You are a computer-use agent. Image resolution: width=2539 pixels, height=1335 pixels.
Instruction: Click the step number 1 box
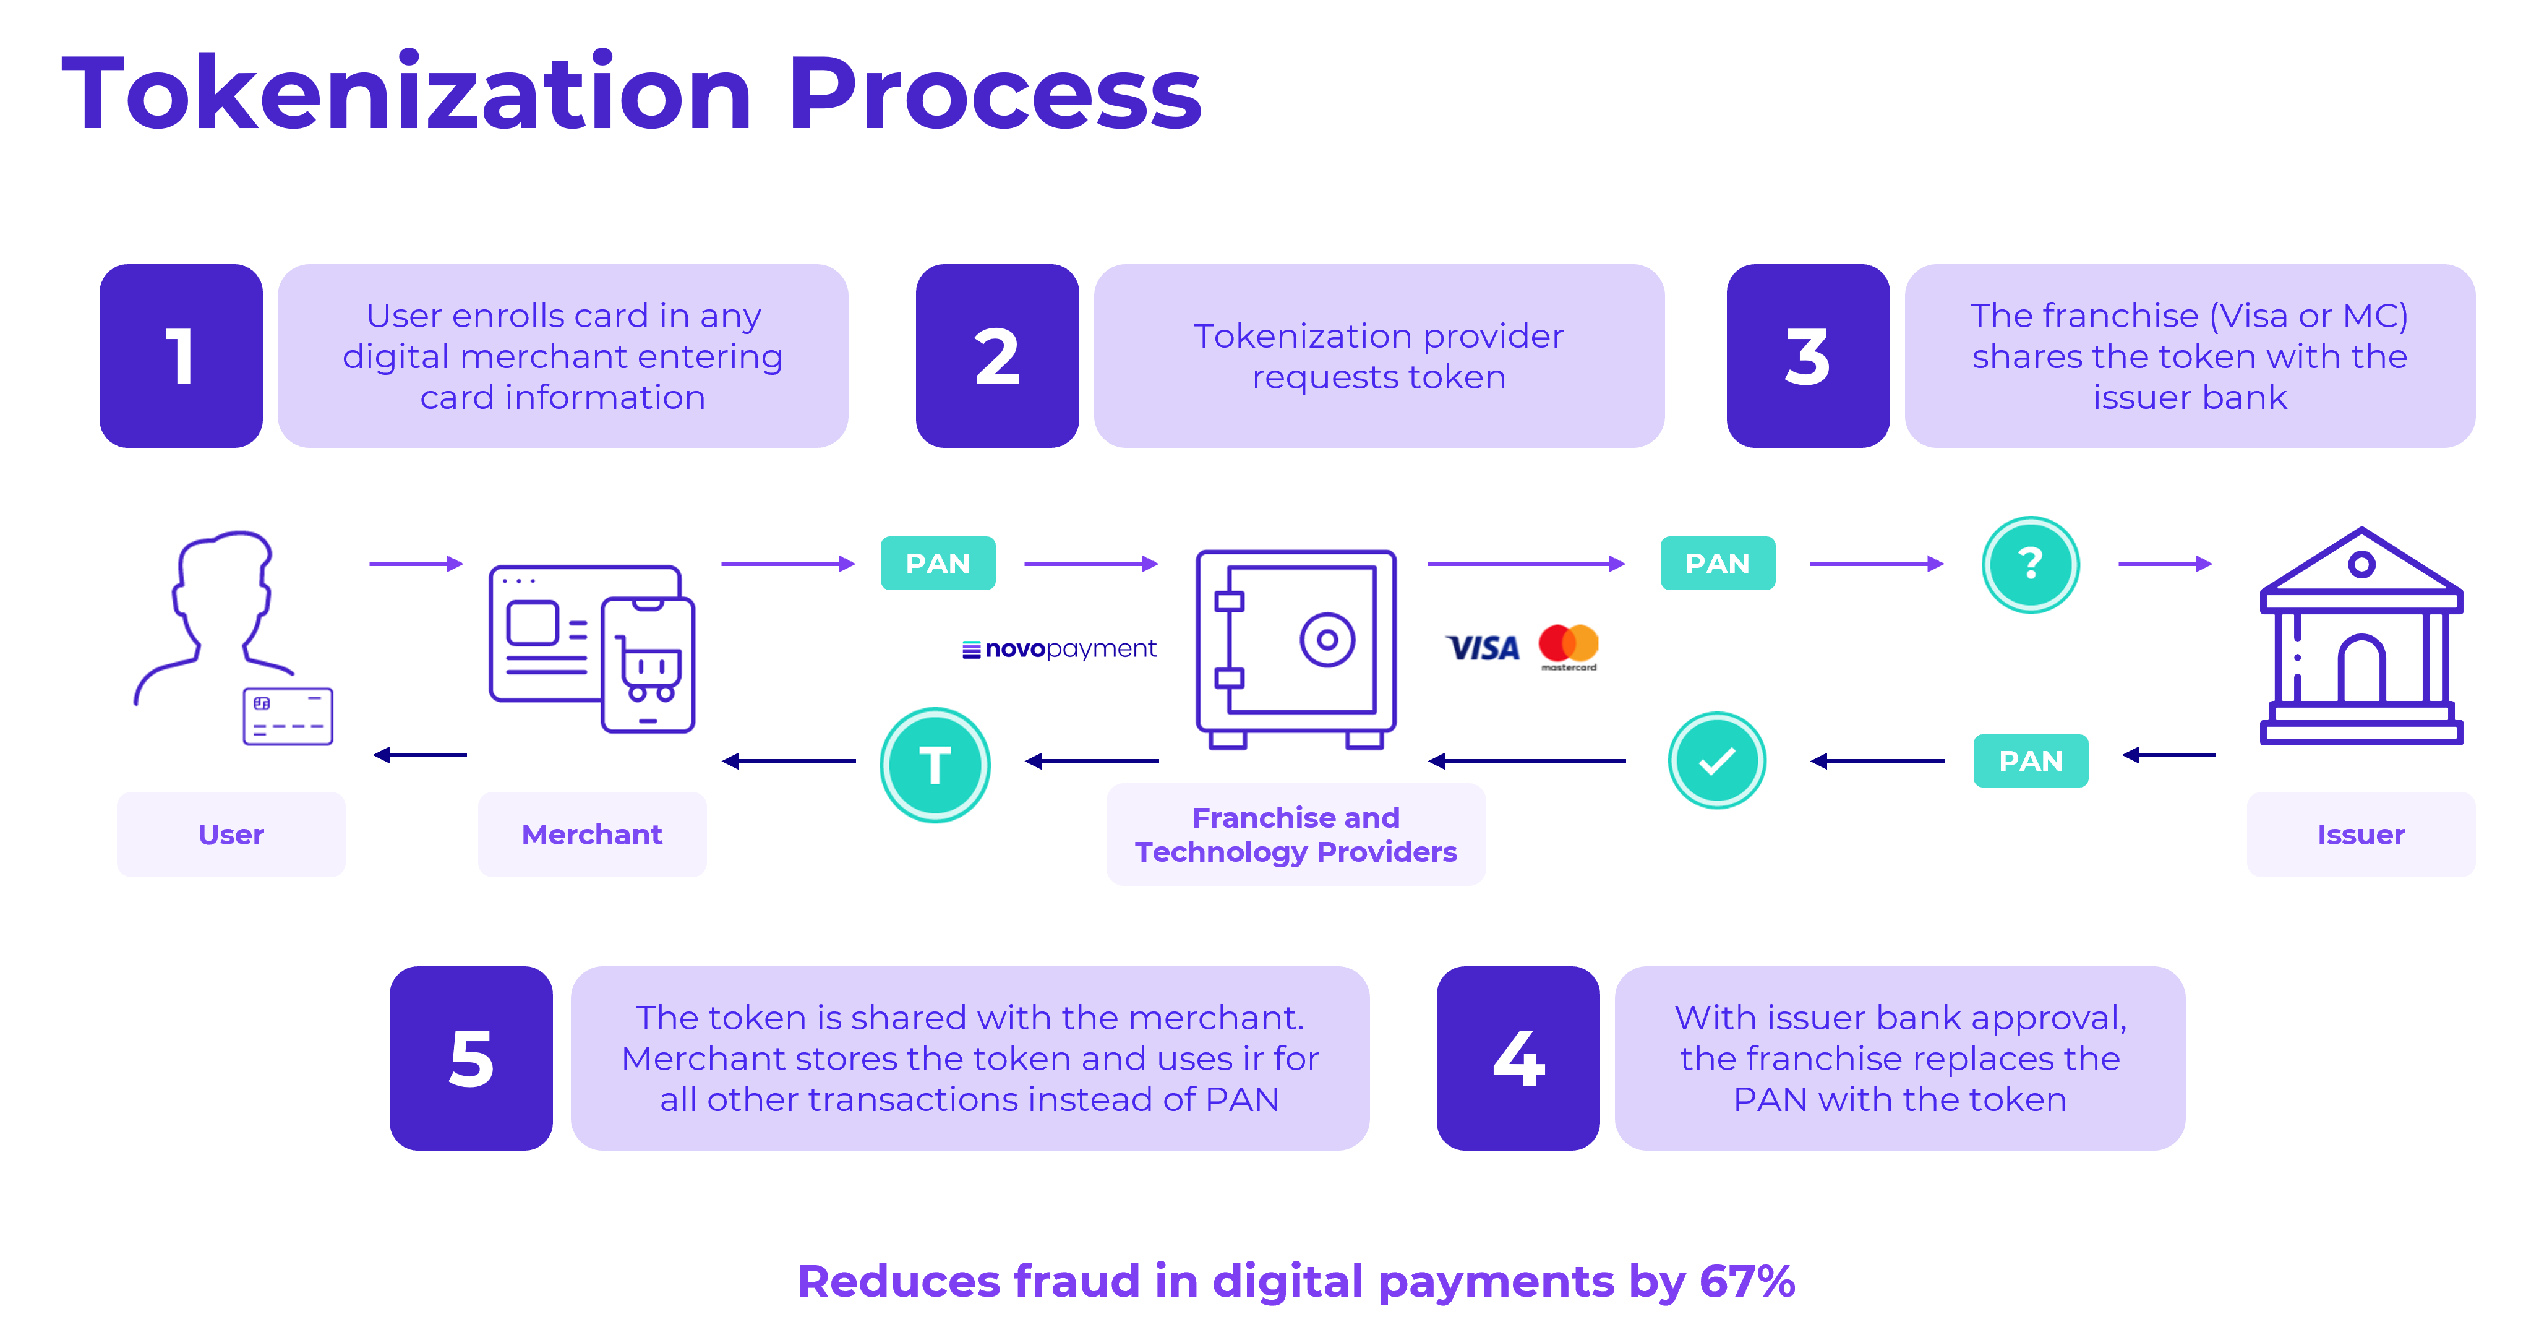181,356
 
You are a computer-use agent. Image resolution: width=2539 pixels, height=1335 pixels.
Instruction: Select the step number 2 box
996,356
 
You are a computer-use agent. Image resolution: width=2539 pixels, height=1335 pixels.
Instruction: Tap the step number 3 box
1808,356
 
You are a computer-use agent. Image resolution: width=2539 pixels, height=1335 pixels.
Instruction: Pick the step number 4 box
1518,1058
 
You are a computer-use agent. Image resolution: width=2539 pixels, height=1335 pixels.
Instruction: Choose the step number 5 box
471,1058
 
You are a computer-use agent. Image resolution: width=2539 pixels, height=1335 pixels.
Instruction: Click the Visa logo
1483,649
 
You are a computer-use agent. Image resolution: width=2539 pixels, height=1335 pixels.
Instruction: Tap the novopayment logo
1060,649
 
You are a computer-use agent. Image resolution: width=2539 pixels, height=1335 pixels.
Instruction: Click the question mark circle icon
2031,565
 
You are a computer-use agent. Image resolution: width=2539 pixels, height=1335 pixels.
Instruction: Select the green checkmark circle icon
1717,761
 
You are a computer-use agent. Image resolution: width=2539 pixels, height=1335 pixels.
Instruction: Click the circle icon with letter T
935,765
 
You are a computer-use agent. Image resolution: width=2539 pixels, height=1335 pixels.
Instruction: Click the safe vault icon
1296,650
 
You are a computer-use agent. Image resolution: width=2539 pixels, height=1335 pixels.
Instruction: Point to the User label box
231,834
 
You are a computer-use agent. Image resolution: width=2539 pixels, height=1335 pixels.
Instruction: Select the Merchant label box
591,834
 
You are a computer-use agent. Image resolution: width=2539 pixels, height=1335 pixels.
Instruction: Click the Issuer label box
2361,834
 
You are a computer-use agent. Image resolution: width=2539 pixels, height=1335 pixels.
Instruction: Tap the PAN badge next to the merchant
937,563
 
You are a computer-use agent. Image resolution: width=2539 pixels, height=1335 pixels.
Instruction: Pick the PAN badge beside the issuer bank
2031,760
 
